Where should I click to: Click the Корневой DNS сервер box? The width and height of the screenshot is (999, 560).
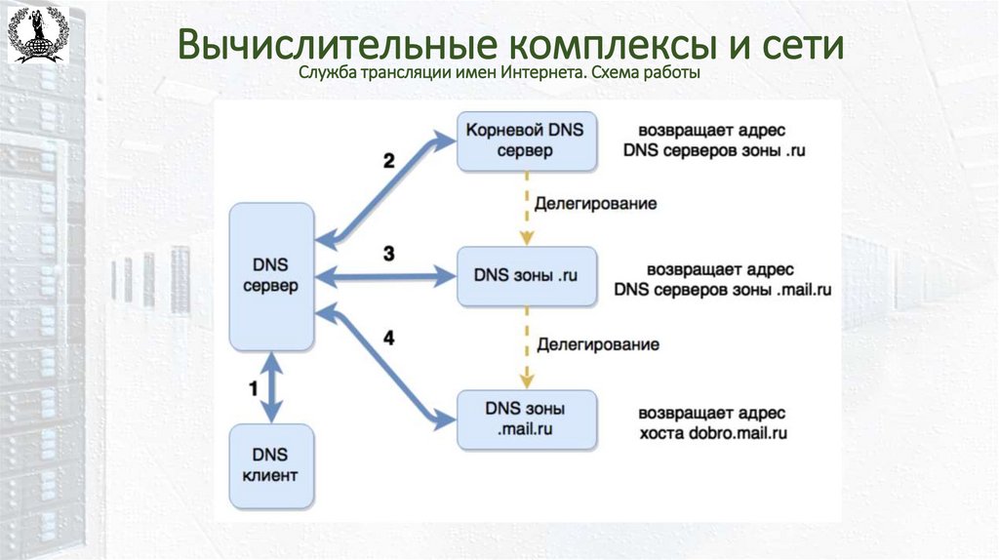point(524,140)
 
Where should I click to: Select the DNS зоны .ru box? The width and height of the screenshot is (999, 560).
point(526,275)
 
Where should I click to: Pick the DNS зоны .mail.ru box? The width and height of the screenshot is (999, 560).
point(524,420)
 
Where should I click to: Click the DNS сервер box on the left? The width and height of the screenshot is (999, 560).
point(270,276)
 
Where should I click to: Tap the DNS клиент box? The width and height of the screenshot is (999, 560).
point(270,466)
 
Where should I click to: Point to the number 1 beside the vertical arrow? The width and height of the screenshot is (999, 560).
point(253,388)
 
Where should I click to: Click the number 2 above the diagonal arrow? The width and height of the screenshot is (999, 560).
point(388,161)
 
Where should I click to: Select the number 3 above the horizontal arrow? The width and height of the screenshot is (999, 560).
point(388,255)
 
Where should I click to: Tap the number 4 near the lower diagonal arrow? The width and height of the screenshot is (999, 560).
point(388,339)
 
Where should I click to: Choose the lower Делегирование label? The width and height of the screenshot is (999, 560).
point(597,344)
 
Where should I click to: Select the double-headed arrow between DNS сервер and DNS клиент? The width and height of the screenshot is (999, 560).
point(270,386)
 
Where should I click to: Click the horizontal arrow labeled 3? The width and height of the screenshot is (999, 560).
point(386,277)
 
